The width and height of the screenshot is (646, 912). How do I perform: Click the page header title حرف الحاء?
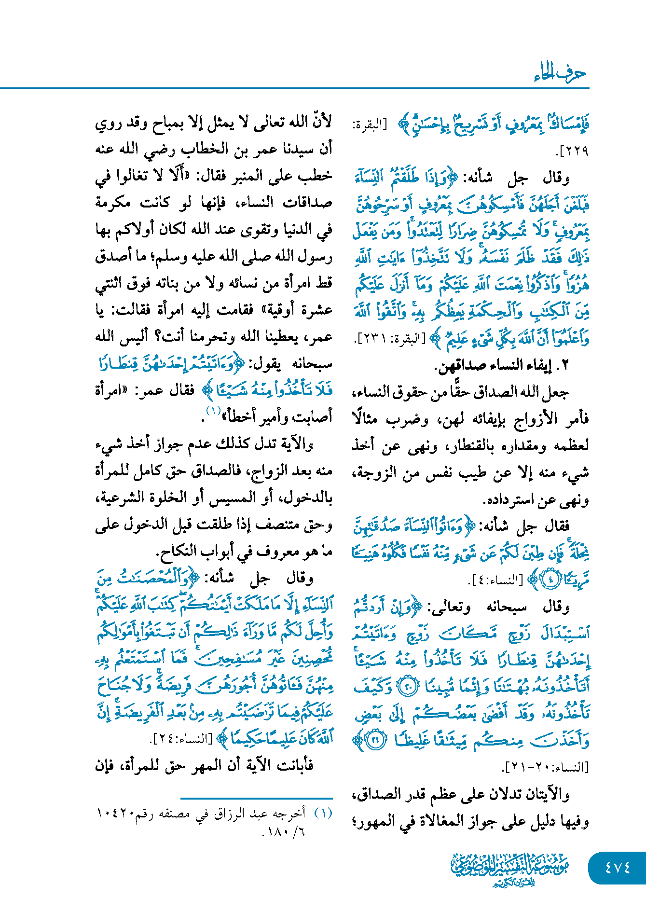[560, 73]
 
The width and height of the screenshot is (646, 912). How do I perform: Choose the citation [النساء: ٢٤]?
[181, 739]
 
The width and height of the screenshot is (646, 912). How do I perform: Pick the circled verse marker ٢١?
[374, 740]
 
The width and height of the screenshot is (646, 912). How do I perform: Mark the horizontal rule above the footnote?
[257, 799]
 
